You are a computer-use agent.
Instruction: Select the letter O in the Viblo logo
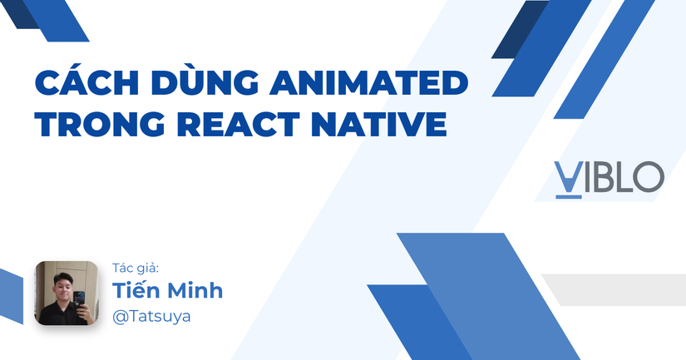649,177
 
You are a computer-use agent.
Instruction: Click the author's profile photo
67,293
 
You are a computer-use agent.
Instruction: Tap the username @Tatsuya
151,317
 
